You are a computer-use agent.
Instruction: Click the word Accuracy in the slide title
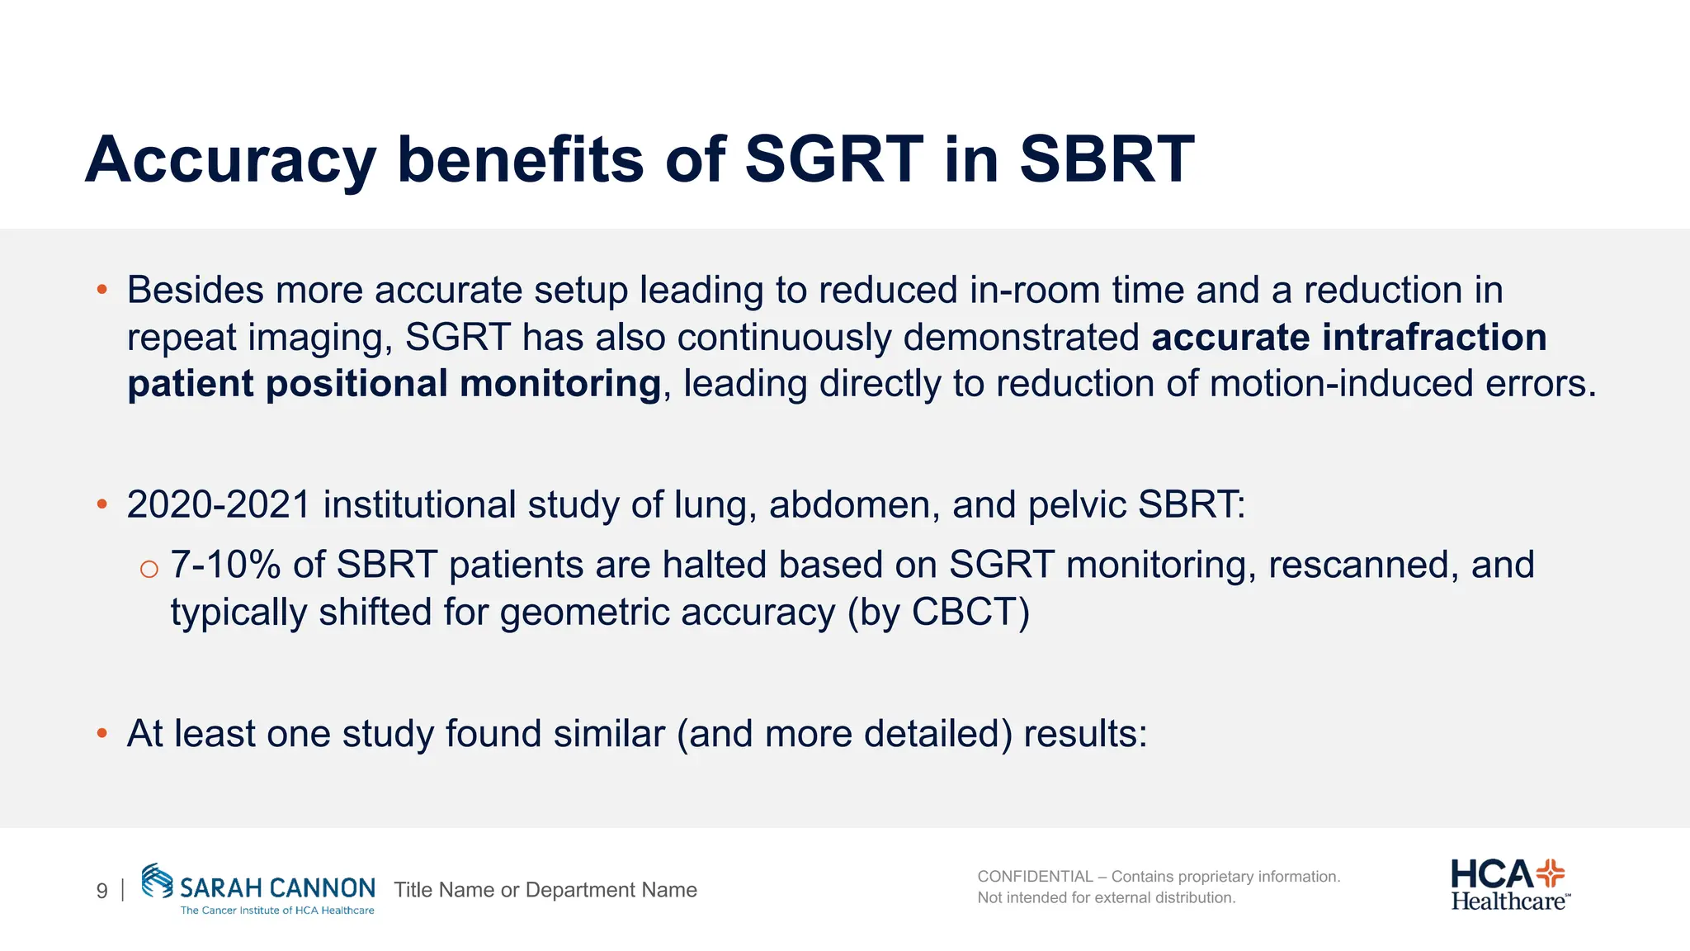230,160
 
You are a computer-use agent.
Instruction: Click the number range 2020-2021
218,504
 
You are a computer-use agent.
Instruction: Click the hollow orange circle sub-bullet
149,569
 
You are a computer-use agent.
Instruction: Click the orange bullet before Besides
102,290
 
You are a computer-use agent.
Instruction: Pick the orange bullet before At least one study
102,733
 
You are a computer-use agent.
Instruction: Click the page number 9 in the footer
101,891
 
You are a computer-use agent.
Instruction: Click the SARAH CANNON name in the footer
277,888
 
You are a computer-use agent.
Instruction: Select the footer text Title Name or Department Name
545,890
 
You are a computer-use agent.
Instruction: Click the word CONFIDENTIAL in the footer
1035,877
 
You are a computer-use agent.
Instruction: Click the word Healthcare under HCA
1508,901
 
